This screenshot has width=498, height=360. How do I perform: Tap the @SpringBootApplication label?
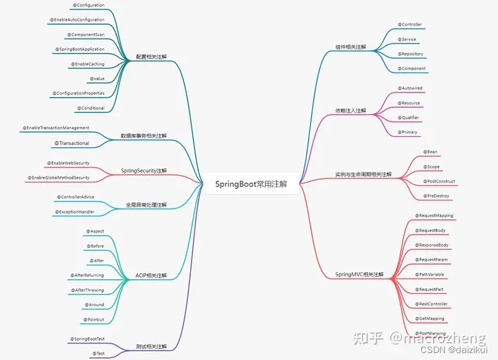point(80,49)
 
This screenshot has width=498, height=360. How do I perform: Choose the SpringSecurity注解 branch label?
point(144,170)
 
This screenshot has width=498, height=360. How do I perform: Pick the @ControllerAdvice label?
point(77,197)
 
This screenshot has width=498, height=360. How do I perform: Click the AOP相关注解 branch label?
point(151,275)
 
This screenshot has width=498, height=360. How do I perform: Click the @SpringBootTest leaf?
point(86,339)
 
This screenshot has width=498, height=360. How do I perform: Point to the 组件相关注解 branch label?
point(351,47)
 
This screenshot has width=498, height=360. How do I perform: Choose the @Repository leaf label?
point(410,54)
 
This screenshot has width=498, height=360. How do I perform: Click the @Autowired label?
point(410,88)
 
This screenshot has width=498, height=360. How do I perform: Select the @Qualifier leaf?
point(409,117)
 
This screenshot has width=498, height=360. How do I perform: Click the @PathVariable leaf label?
point(431,274)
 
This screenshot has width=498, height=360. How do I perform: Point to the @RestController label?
point(432,304)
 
